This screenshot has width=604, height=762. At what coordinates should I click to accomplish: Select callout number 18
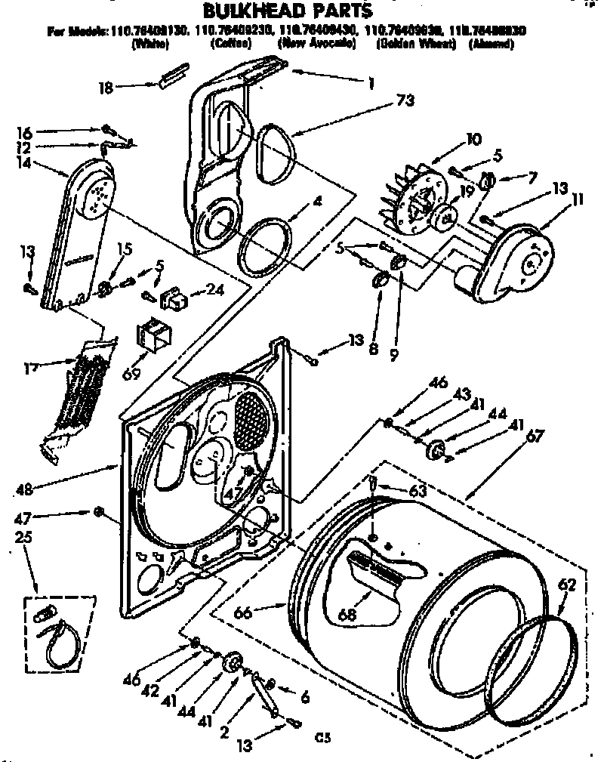click(x=106, y=88)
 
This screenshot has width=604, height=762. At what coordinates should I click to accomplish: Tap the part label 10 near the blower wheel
click(x=473, y=139)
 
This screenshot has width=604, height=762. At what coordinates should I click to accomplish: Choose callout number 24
click(x=216, y=288)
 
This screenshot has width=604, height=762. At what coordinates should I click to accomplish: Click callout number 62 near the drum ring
click(x=567, y=584)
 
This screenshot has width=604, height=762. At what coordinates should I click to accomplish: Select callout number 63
click(x=418, y=491)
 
